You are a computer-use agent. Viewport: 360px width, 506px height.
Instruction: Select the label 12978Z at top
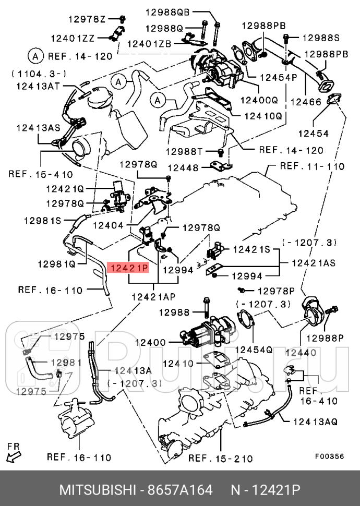click(87, 19)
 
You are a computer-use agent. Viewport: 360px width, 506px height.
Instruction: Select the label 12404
click(111, 225)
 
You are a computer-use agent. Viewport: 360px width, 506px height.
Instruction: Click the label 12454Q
click(254, 349)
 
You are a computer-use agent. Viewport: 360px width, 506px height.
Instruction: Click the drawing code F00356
click(329, 455)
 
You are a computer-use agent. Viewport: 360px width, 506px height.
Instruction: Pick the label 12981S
click(42, 221)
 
